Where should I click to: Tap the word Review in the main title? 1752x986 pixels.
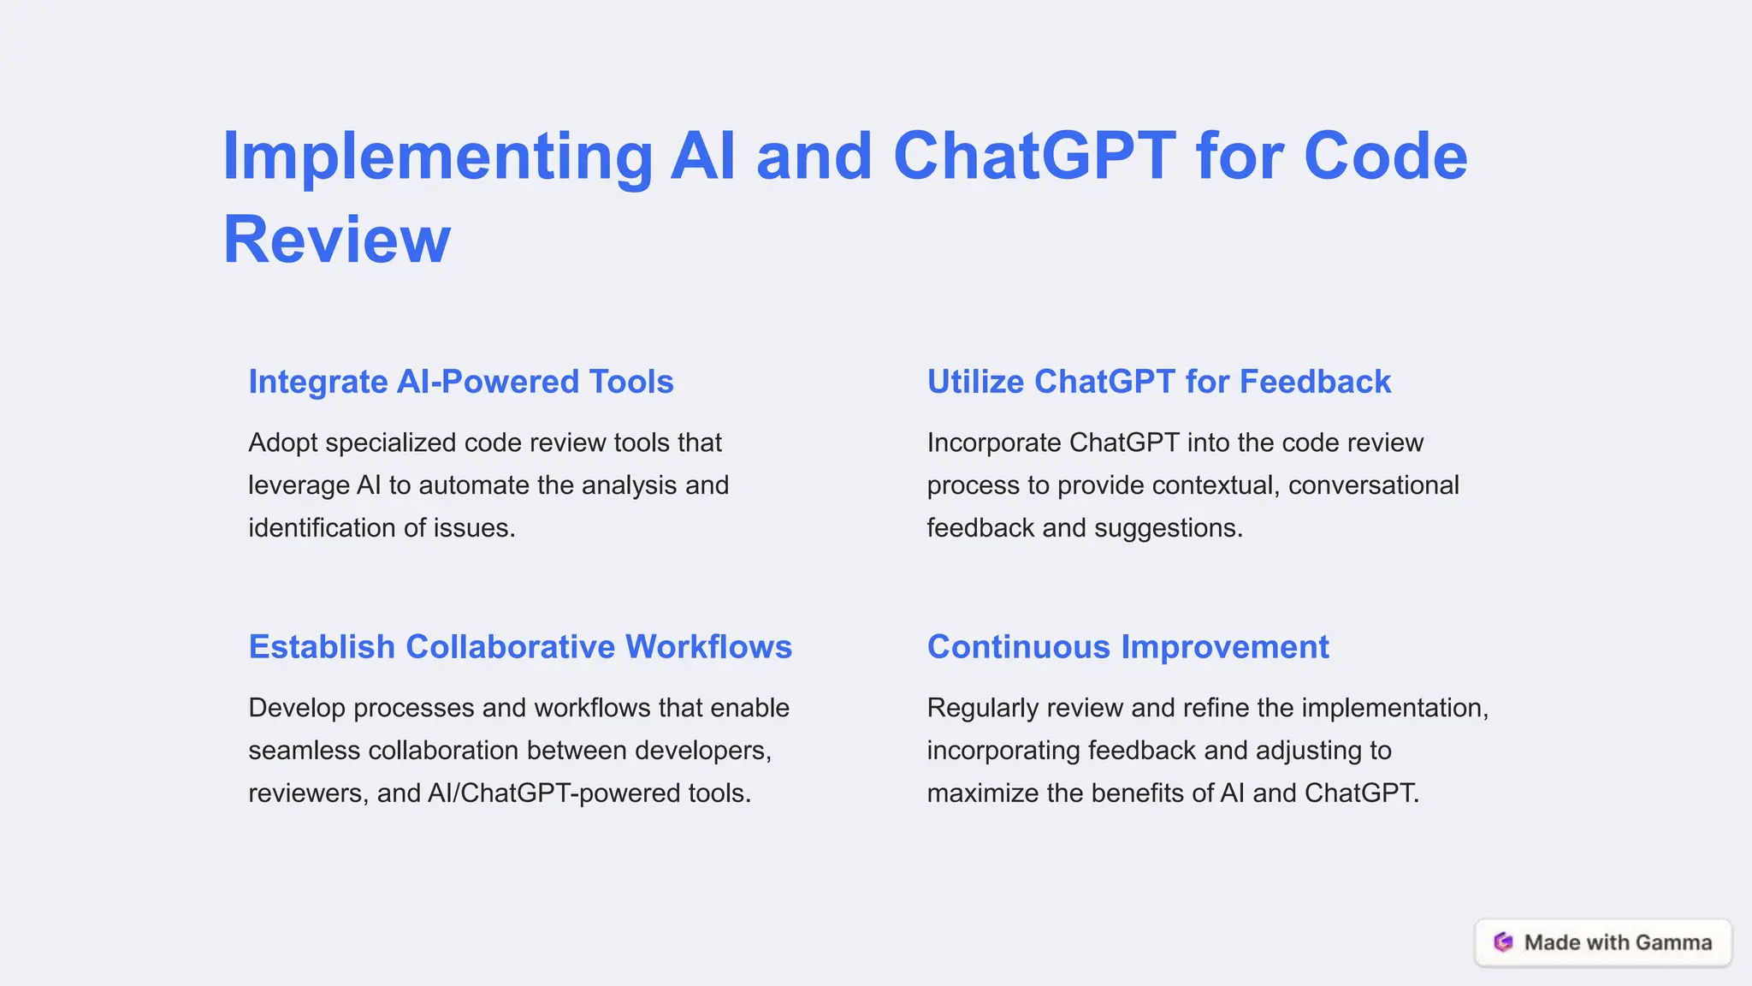pyautogui.click(x=336, y=240)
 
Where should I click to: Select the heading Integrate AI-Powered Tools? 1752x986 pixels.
pyautogui.click(x=461, y=382)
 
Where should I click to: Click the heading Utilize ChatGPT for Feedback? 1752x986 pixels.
pyautogui.click(x=1159, y=382)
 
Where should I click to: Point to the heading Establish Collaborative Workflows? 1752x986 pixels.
pyautogui.click(x=520, y=647)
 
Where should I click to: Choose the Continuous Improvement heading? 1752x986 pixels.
pyautogui.click(x=1128, y=647)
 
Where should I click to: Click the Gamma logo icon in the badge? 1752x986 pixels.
pyautogui.click(x=1503, y=942)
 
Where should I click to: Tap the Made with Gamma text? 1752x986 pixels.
pyautogui.click(x=1618, y=942)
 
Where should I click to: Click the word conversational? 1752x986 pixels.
pyautogui.click(x=1373, y=485)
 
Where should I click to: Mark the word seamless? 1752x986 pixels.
pyautogui.click(x=305, y=751)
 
